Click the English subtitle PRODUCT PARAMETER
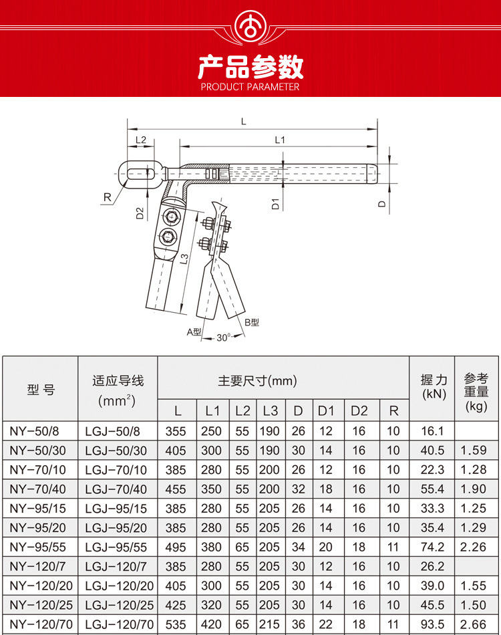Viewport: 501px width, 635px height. click(x=250, y=87)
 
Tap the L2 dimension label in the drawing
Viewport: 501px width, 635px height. click(x=141, y=140)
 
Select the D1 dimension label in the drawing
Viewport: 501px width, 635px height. click(x=275, y=204)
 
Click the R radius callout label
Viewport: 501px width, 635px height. click(x=106, y=197)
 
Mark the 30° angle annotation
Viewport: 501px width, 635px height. click(x=223, y=338)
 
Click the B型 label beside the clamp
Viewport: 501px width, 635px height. click(x=252, y=322)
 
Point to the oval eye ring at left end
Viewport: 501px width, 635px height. click(x=136, y=172)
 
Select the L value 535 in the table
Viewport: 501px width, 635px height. click(x=176, y=624)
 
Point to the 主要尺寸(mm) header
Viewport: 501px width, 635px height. click(x=257, y=382)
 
